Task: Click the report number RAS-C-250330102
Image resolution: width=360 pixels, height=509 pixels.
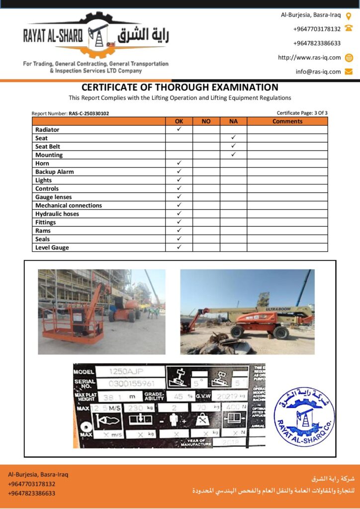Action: tap(89, 113)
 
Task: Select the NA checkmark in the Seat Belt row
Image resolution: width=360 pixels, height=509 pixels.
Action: tap(233, 146)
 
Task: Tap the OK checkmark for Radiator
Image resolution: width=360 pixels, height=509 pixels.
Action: tap(179, 129)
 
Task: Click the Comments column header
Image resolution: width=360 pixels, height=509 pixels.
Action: tap(287, 121)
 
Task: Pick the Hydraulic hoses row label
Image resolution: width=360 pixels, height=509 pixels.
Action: tap(57, 214)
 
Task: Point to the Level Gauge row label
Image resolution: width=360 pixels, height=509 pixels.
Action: tap(52, 248)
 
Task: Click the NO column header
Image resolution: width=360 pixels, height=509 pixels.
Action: tap(206, 121)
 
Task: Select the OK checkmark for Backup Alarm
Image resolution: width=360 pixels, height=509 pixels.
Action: tap(179, 171)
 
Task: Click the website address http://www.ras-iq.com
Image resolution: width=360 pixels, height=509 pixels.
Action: tap(309, 57)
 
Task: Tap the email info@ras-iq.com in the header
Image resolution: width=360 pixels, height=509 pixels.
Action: tap(318, 71)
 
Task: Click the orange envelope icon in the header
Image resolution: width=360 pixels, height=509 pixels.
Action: tap(349, 71)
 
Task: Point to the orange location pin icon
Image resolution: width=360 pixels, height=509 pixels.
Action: tap(349, 15)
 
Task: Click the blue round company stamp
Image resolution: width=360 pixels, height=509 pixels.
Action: tap(304, 417)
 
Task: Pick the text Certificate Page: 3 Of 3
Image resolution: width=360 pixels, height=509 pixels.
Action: tap(302, 113)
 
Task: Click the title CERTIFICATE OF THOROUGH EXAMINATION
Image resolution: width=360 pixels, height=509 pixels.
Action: tap(180, 87)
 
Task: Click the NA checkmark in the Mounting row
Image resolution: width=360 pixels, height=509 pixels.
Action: tap(233, 155)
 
